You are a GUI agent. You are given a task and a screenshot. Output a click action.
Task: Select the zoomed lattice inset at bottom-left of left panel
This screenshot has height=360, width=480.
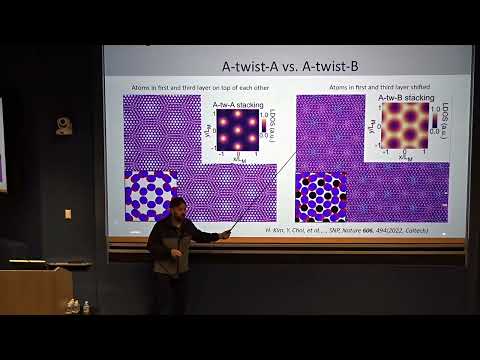150,195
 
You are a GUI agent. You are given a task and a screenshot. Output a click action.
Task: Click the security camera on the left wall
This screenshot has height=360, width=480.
64,125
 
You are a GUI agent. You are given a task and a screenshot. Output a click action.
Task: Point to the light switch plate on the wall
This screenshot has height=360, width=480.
68,213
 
